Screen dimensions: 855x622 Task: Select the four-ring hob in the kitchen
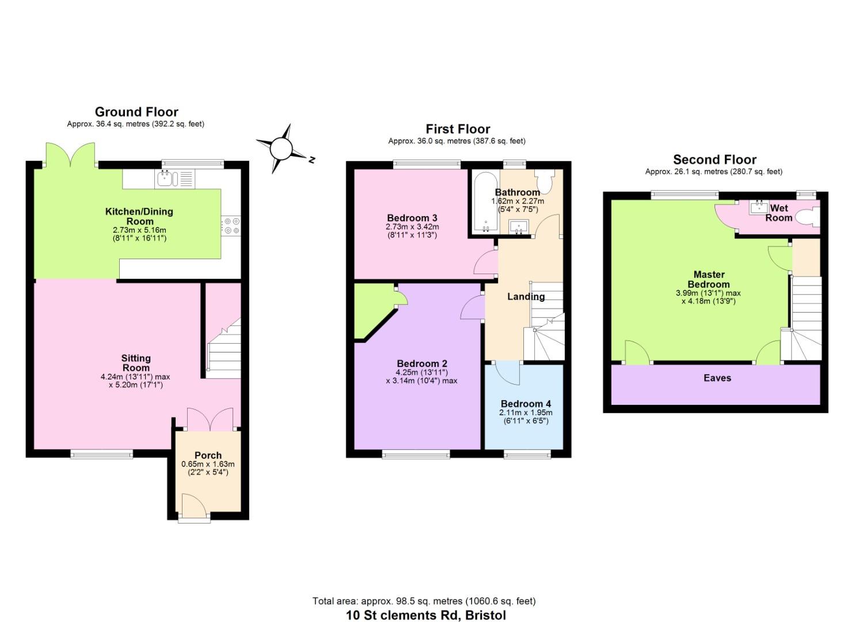pyautogui.click(x=231, y=226)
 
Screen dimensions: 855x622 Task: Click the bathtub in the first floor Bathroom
pyautogui.click(x=485, y=202)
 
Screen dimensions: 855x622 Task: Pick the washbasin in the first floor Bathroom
pyautogui.click(x=519, y=226)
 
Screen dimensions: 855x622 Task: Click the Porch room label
pyautogui.click(x=208, y=455)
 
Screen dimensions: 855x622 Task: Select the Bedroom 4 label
pyautogui.click(x=526, y=404)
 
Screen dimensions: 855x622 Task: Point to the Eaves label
pyautogui.click(x=717, y=378)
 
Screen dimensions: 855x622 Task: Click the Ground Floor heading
pyautogui.click(x=136, y=112)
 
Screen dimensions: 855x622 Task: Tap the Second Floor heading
pyautogui.click(x=715, y=159)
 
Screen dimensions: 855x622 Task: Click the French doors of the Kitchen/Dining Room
pyautogui.click(x=70, y=155)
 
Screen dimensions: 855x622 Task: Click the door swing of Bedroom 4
pyautogui.click(x=508, y=373)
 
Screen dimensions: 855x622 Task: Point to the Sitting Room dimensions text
pyautogui.click(x=135, y=381)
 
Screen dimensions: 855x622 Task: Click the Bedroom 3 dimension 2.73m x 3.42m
pyautogui.click(x=412, y=226)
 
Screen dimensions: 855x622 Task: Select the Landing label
pyautogui.click(x=526, y=296)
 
